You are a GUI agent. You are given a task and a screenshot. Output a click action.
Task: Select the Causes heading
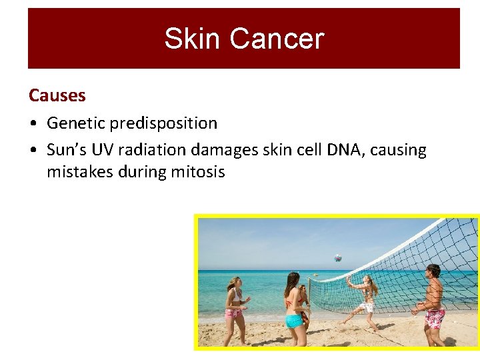[x=57, y=95]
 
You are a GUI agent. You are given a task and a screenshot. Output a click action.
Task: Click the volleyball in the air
[x=338, y=257]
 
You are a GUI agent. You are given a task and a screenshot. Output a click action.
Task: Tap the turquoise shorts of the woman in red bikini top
[x=294, y=321]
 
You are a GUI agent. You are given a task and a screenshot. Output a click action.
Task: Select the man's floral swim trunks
[x=435, y=318]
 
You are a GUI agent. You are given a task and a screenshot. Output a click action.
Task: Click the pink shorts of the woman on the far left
[x=234, y=313]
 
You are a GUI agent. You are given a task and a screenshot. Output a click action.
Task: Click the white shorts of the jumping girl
[x=366, y=307]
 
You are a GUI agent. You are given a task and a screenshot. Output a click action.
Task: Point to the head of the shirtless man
[x=433, y=271]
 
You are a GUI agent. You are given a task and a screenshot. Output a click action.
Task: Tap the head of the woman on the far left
[x=234, y=283]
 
